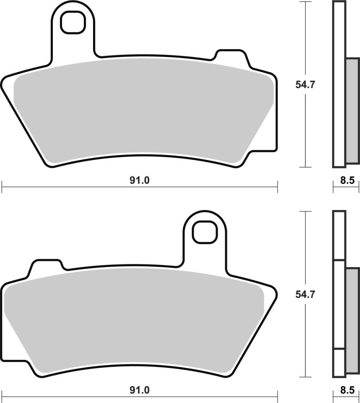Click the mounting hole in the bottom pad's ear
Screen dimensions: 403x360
pyautogui.click(x=204, y=233)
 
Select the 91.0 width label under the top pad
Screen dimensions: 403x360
pyautogui.click(x=139, y=181)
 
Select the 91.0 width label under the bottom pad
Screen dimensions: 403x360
pyautogui.click(x=139, y=390)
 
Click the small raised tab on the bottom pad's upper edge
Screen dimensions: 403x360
pyautogui.click(x=46, y=266)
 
